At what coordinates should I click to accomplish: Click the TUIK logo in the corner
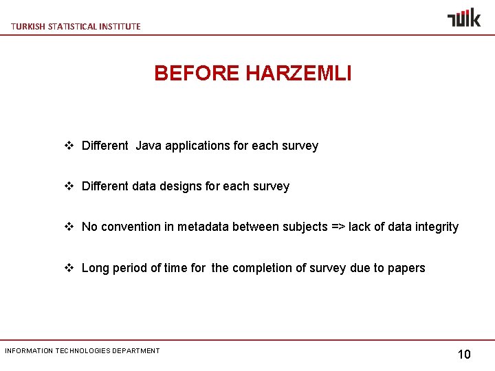464,17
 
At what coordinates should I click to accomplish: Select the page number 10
464,355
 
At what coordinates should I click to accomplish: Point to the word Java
148,146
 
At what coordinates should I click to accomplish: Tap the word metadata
203,227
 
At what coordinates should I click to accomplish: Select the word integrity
437,227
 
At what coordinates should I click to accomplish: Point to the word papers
407,268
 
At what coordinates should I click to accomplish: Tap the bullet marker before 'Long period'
69,268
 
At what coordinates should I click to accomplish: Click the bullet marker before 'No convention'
69,227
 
